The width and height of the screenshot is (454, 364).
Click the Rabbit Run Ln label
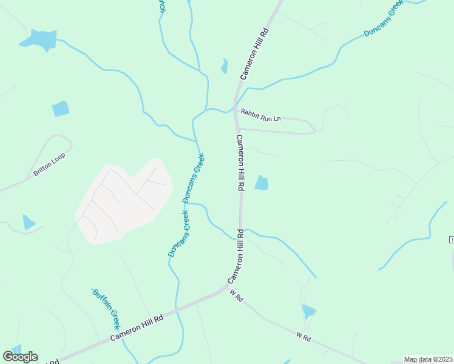[260, 115]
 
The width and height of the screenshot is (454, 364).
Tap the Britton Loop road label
[49, 164]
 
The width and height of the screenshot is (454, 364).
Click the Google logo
[20, 357]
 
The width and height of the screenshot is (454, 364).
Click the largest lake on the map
[39, 39]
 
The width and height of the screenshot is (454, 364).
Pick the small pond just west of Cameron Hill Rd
[225, 66]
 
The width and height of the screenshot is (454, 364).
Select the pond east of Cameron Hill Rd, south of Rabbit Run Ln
[262, 183]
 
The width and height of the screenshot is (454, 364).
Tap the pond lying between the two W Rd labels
[308, 312]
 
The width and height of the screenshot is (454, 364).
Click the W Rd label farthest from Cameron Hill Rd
[303, 336]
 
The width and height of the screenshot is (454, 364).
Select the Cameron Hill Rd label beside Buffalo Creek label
[137, 328]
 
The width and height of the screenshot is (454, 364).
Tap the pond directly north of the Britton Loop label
[60, 109]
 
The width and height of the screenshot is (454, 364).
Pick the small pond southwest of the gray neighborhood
[28, 222]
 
